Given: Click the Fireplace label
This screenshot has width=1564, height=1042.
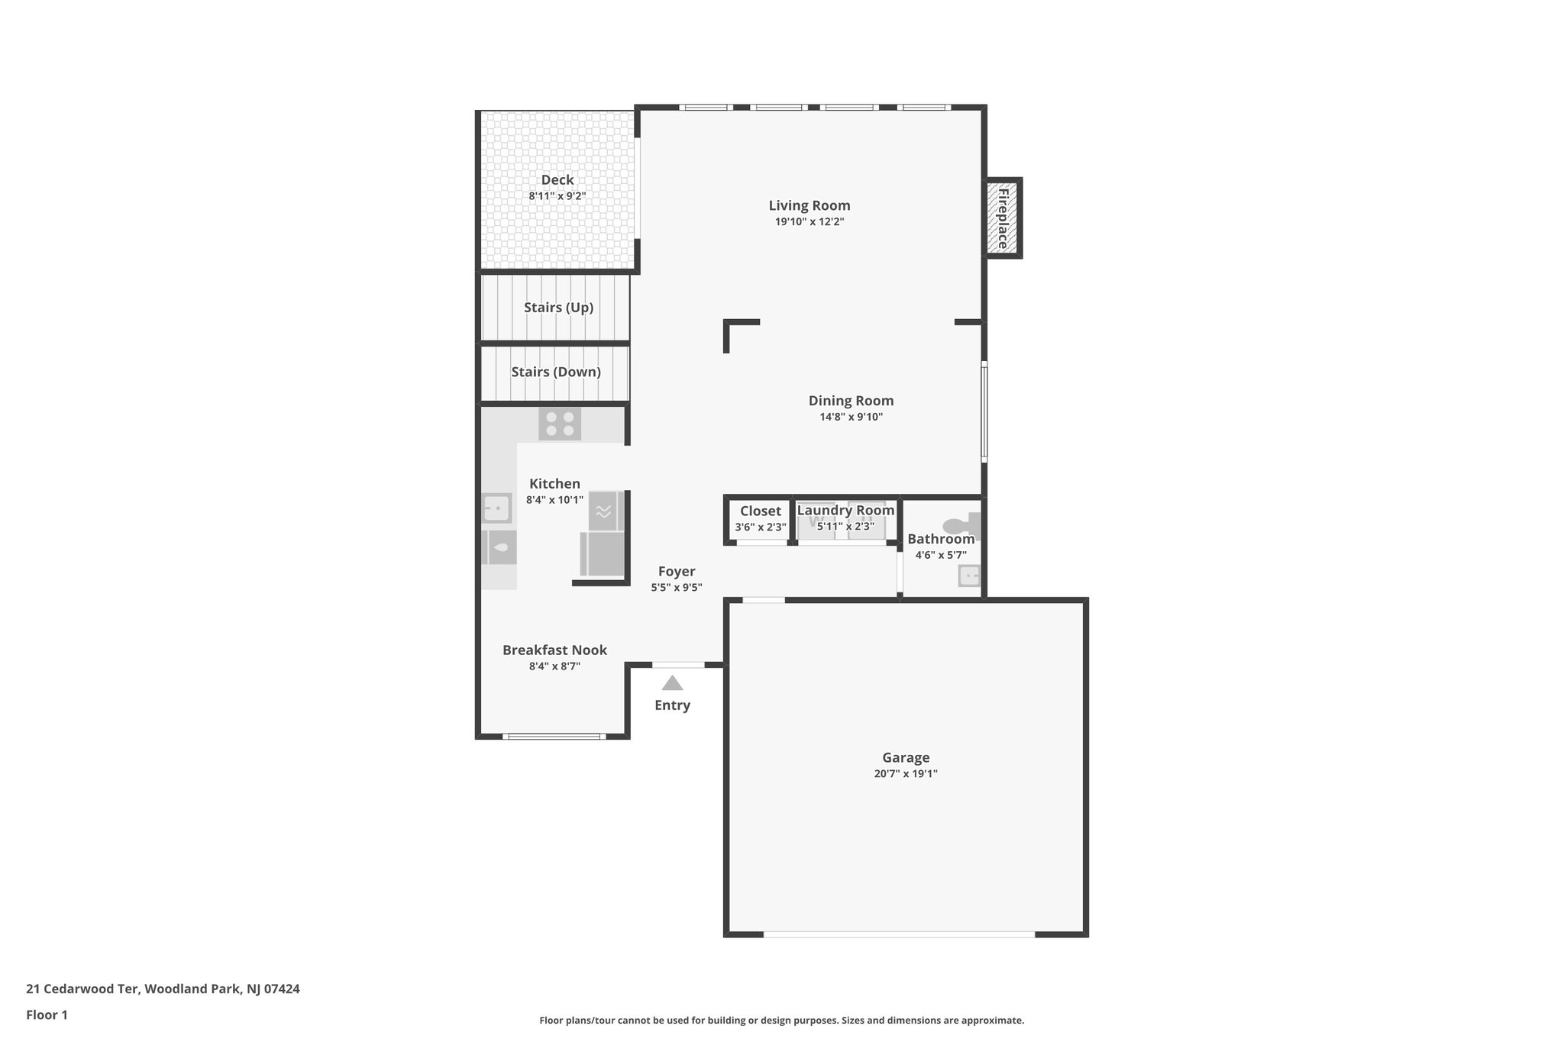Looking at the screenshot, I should click(x=1003, y=218).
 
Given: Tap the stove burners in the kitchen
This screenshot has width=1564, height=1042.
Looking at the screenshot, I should click(x=560, y=424).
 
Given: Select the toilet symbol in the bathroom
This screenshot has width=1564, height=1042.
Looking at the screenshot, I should click(x=961, y=525).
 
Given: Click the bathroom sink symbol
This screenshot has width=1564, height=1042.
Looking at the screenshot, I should click(x=968, y=575).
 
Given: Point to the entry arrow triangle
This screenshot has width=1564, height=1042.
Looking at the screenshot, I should click(x=672, y=682).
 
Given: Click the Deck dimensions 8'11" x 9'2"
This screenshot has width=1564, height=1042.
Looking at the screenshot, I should click(x=557, y=196).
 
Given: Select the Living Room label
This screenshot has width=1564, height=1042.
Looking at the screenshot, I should click(x=809, y=205).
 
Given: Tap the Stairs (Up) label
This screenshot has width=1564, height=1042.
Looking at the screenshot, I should click(x=558, y=308).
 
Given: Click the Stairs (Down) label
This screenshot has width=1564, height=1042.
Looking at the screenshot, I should click(x=555, y=372).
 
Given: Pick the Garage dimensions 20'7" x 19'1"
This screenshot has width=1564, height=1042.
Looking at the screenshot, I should click(x=906, y=773).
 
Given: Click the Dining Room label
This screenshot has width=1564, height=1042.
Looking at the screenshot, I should click(x=851, y=401).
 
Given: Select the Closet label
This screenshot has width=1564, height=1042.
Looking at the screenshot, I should click(x=760, y=511).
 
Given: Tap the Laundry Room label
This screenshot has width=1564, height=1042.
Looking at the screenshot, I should click(x=845, y=510).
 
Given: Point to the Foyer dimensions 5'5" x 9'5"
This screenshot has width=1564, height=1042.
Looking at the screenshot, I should click(x=676, y=587).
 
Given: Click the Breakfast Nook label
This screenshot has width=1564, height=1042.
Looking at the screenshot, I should click(x=554, y=650).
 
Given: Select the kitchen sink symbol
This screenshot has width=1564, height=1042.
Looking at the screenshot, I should click(x=496, y=507).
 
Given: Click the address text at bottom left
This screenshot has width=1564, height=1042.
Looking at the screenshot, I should click(x=163, y=989).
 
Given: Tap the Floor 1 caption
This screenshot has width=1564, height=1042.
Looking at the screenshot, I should click(x=47, y=1015).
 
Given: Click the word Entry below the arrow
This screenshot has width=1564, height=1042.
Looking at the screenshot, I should click(x=672, y=705).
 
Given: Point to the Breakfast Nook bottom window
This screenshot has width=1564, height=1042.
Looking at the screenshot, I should click(x=554, y=736).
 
